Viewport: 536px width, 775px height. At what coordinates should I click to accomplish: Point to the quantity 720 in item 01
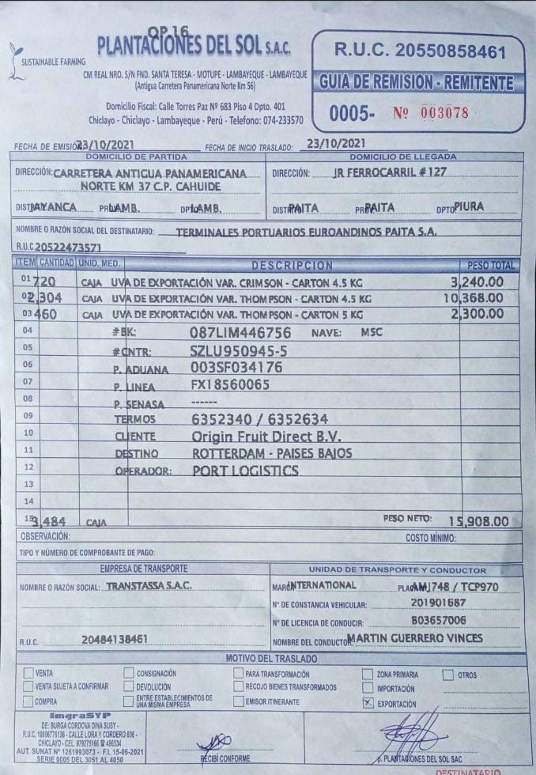point(32,283)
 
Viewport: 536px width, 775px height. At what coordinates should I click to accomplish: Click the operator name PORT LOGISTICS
point(246,470)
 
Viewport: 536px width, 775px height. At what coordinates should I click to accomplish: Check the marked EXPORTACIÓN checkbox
point(366,701)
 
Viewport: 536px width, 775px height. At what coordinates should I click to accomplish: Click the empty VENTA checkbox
point(29,673)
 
